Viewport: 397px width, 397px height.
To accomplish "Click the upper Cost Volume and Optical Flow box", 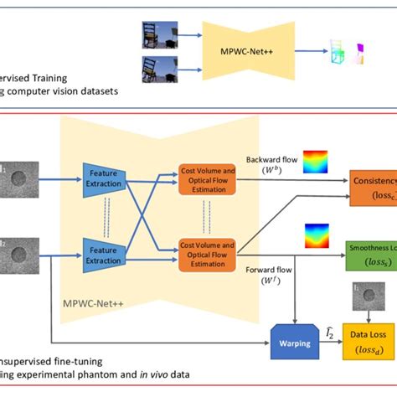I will coord(206,178).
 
